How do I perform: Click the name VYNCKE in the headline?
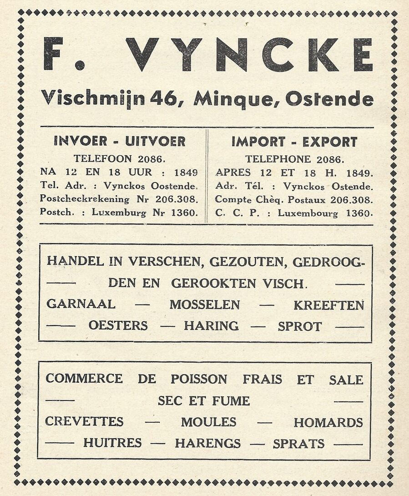point(249,55)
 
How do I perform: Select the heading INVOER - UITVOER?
point(120,141)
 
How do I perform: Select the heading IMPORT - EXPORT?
point(294,142)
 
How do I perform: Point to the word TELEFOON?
point(102,159)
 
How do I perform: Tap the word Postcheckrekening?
point(85,199)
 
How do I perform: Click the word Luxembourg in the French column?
point(310,213)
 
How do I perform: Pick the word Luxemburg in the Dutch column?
point(119,212)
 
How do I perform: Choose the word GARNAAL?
point(81,304)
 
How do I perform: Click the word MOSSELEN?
point(205,305)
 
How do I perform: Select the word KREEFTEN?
point(328,305)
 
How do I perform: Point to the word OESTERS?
point(118,326)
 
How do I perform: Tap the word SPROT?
point(299,326)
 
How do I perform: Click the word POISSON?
point(199,379)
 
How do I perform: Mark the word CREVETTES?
point(84,422)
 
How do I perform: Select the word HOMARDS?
point(328,422)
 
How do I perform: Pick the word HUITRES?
point(112,443)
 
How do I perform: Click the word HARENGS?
point(208,443)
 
